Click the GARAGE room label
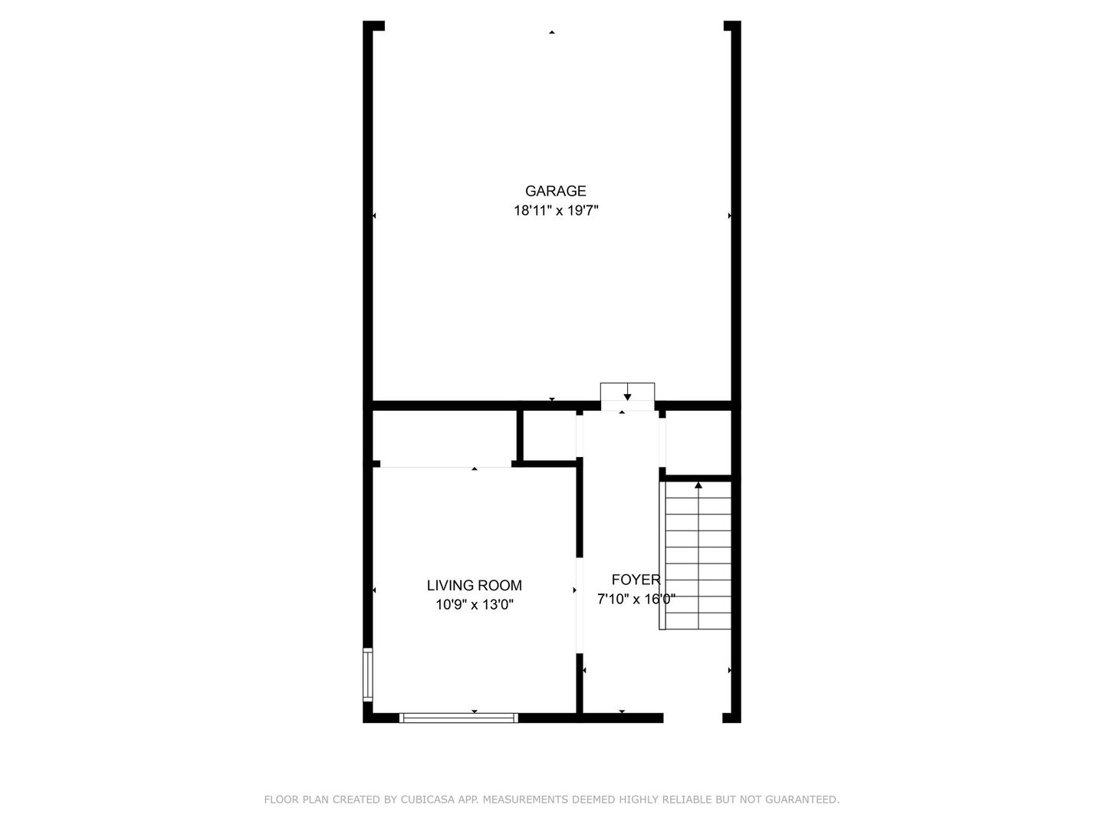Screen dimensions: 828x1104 pyautogui.click(x=555, y=191)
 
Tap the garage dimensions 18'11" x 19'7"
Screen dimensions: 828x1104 pyautogui.click(x=555, y=210)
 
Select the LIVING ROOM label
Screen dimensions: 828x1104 pyautogui.click(x=474, y=585)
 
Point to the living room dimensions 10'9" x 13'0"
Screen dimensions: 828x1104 pyautogui.click(x=474, y=604)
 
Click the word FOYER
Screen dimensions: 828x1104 pyautogui.click(x=636, y=580)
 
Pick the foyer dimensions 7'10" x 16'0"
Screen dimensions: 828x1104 pyautogui.click(x=636, y=599)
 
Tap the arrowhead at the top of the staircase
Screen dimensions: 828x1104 pyautogui.click(x=698, y=485)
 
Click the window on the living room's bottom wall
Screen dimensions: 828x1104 pyautogui.click(x=458, y=718)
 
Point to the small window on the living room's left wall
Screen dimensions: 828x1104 pyautogui.click(x=368, y=675)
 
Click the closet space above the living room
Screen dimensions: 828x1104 pyautogui.click(x=445, y=437)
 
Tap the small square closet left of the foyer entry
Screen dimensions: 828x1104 pyautogui.click(x=549, y=435)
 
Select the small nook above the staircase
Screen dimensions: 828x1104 pyautogui.click(x=698, y=442)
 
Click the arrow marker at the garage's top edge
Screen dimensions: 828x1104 pyautogui.click(x=551, y=32)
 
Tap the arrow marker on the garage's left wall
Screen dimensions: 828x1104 pyautogui.click(x=374, y=216)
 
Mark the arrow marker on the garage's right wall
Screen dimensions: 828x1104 pyautogui.click(x=729, y=216)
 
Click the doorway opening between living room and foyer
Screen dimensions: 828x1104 pyautogui.click(x=580, y=606)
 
